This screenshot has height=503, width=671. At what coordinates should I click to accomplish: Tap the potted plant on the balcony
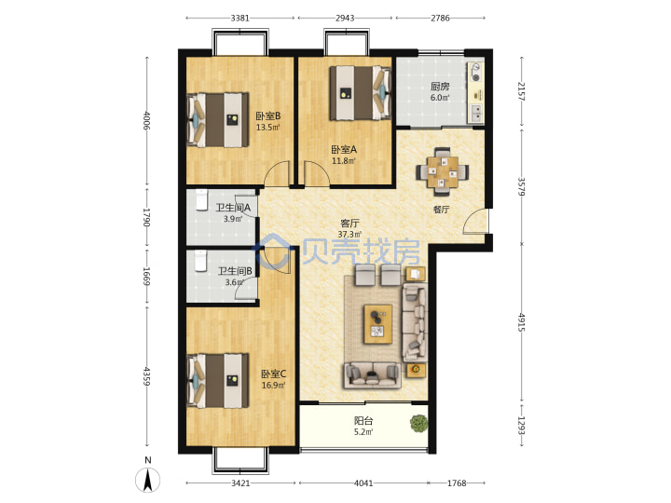[x=418, y=424]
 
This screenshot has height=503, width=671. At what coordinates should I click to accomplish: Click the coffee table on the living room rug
[x=377, y=324]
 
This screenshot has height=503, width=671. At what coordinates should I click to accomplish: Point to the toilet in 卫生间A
[x=201, y=200]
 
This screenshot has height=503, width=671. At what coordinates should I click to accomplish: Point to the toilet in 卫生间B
[x=200, y=262]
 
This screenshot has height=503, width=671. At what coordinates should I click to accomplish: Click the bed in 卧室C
[x=218, y=381]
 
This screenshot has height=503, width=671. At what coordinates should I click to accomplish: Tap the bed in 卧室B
[x=218, y=120]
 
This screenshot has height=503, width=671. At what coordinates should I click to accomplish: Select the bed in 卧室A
[x=361, y=93]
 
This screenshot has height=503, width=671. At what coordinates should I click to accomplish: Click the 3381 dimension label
[x=240, y=18]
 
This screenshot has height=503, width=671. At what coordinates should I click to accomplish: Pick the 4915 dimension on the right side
[x=522, y=322]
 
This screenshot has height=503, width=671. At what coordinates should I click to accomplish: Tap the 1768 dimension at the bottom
[x=457, y=483]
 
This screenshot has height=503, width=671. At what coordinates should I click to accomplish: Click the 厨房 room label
[x=440, y=87]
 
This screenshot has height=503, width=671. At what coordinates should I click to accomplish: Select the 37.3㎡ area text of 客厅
[x=349, y=235]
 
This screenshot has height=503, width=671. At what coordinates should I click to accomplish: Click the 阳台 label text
[x=363, y=420]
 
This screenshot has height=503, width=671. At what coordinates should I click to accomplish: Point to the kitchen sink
[x=476, y=113]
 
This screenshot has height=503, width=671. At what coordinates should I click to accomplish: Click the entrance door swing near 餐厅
[x=475, y=221]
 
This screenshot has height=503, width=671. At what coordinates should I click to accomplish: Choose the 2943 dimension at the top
[x=345, y=18]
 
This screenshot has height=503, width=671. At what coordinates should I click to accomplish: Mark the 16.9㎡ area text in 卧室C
[x=273, y=385]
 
